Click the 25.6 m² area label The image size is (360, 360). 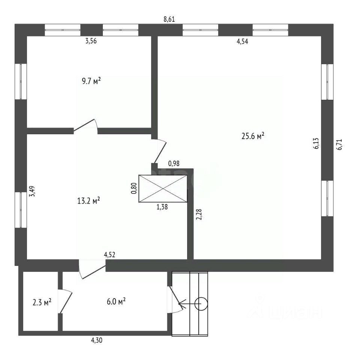253,136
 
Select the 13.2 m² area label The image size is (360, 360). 88,201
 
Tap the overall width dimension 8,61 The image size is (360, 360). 169,19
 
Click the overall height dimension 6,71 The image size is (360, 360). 340,144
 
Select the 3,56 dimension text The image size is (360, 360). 91,41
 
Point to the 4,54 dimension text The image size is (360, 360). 242,42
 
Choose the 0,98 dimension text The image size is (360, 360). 174,163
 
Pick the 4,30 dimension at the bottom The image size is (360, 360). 97,340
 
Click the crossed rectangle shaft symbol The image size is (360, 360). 163,189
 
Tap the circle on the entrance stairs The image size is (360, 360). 201,303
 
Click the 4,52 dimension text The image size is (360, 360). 109,255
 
